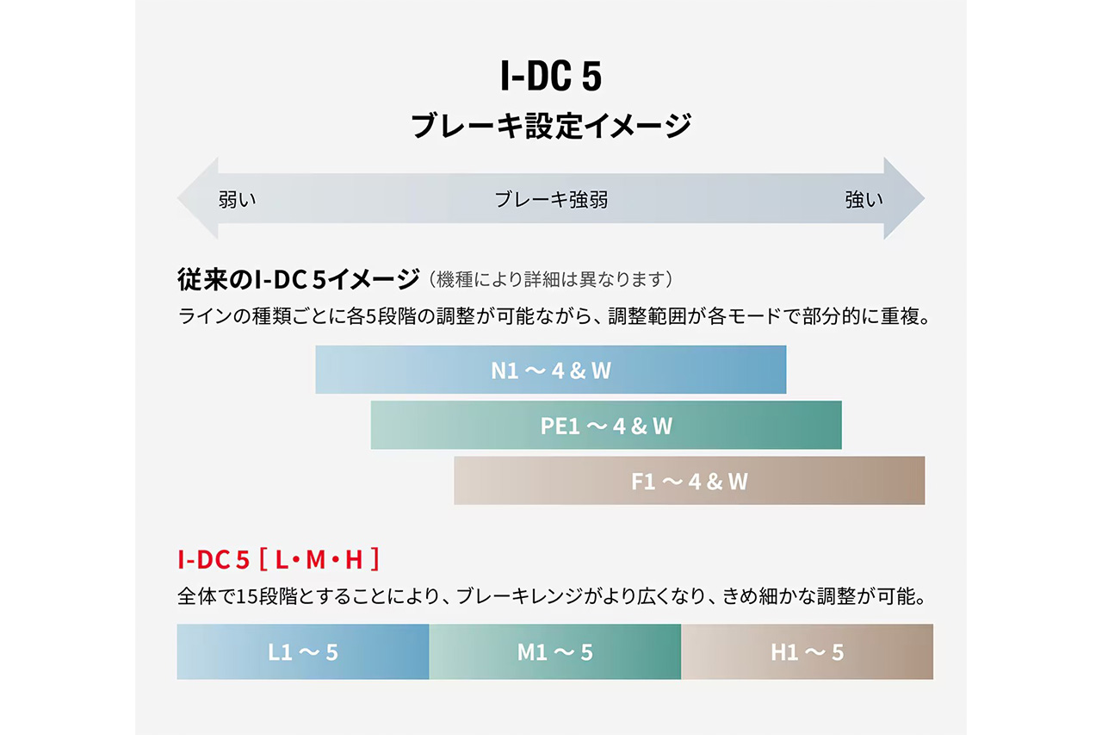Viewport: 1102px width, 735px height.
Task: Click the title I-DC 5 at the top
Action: point(551,78)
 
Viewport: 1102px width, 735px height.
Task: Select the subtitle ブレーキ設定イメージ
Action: point(551,126)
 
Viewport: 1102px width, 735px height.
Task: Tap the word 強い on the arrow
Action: point(864,200)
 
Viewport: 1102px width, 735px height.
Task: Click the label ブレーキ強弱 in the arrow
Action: point(551,200)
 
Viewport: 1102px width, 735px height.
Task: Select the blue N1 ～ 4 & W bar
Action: point(551,370)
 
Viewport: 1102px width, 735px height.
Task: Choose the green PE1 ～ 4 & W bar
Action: point(606,425)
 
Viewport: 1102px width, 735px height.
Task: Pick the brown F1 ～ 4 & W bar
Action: point(689,481)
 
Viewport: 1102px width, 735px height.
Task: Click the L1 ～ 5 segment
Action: point(303,652)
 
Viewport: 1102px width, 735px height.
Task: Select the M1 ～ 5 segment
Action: point(555,652)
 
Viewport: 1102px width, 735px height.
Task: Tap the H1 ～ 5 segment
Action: point(807,652)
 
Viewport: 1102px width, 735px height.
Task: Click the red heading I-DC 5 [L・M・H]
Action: point(278,560)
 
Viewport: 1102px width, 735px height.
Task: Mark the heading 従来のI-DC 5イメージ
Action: point(297,280)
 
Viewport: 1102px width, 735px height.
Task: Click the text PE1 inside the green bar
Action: point(561,426)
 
